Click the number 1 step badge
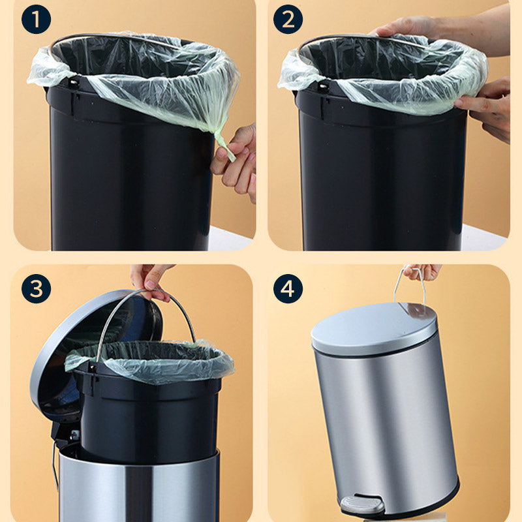click(x=37, y=20)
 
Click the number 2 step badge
click(x=288, y=20)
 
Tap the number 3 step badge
click(x=37, y=288)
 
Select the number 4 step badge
click(x=288, y=288)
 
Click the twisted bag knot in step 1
click(x=224, y=145)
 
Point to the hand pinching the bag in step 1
click(x=235, y=163)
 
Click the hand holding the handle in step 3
click(x=151, y=281)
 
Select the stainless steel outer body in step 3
click(x=138, y=486)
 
